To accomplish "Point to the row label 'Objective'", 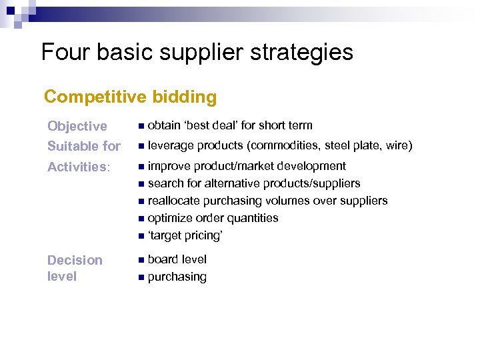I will pos(77,126).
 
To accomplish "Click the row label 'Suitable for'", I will pos(84,145).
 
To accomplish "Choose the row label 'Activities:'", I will pos(79,167).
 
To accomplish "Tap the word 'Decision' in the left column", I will pos(75,260).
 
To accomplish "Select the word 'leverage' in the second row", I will pos(171,145).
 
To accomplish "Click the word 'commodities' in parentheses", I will pos(283,145).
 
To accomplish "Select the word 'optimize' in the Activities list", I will pos(171,218).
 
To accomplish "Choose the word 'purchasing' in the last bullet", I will pos(177,277).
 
